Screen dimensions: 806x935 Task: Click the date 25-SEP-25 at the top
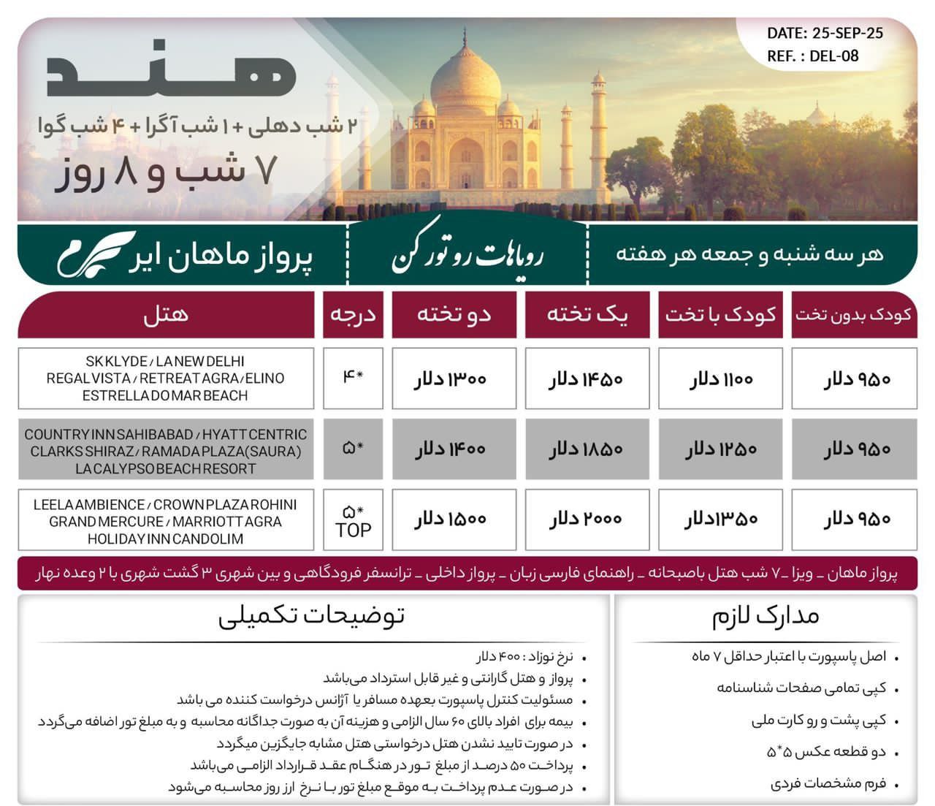click(847, 33)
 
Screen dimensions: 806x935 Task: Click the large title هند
click(171, 73)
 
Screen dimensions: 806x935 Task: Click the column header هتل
click(166, 315)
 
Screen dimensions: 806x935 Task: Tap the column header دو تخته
click(454, 315)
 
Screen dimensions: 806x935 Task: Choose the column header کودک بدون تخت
click(853, 315)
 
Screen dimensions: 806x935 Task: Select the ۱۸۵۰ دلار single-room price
click(587, 449)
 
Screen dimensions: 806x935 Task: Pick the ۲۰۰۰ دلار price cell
click(587, 519)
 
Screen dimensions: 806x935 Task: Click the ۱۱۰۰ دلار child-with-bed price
click(720, 379)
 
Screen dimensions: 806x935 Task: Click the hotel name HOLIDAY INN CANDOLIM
click(166, 539)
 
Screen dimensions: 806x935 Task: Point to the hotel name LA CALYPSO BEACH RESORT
click(166, 469)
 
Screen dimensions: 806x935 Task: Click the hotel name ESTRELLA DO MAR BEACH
click(166, 396)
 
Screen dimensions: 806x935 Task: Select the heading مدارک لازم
click(766, 616)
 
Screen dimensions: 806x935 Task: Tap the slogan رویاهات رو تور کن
click(467, 256)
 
